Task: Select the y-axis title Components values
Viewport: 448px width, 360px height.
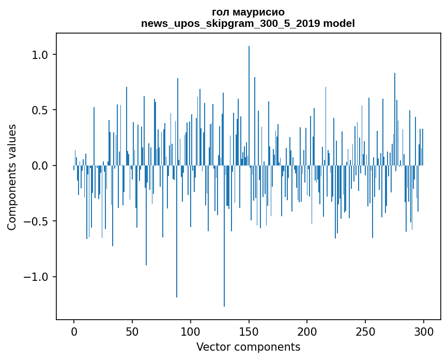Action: click(x=12, y=177)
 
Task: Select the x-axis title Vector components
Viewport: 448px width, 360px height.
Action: click(x=248, y=347)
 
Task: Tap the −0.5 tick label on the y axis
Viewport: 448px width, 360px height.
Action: click(x=37, y=221)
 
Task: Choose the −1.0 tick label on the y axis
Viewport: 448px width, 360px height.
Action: click(x=37, y=277)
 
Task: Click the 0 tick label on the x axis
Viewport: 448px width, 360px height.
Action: click(x=74, y=331)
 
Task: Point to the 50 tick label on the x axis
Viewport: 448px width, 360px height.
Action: click(x=132, y=331)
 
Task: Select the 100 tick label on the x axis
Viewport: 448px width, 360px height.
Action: click(x=191, y=331)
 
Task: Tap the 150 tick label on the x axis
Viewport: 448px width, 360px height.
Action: click(x=249, y=331)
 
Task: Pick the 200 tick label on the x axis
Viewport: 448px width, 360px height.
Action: click(x=307, y=331)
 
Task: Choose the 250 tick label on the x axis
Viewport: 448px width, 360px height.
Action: click(x=365, y=331)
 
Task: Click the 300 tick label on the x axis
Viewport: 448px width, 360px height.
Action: click(x=424, y=331)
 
